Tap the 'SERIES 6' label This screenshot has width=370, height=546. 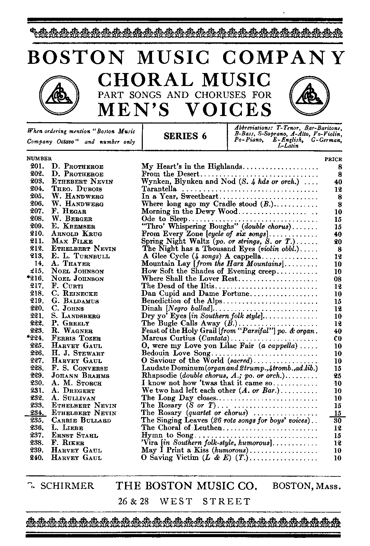pyautogui.click(x=185, y=136)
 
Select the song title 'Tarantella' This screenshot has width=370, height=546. pyautogui.click(x=159, y=189)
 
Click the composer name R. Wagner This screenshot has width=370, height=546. pyautogui.click(x=72, y=331)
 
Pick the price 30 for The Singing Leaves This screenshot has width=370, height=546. pyautogui.click(x=337, y=421)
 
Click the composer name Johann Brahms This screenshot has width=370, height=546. pyautogui.click(x=80, y=376)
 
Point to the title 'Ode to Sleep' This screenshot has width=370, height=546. pyautogui.click(x=165, y=219)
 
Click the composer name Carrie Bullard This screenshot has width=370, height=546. pyautogui.click(x=81, y=421)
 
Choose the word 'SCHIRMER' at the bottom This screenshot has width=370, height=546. pyautogui.click(x=67, y=486)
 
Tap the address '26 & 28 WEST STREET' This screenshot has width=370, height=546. pyautogui.click(x=184, y=502)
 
